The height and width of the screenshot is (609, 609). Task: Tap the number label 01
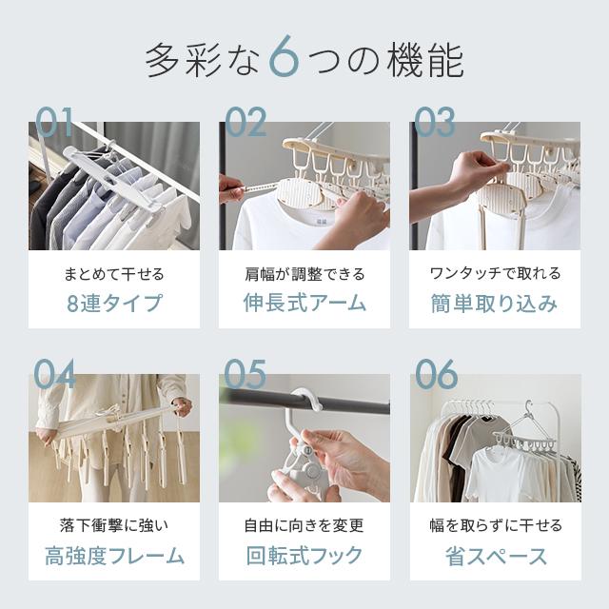pos(54,123)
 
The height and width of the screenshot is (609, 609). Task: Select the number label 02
pos(246,123)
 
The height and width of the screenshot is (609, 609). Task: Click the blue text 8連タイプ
pos(114,304)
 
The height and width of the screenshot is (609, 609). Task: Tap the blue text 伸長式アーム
pos(304,304)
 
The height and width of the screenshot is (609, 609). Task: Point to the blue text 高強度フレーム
pos(114,556)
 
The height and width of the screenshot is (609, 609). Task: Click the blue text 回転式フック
pos(304,556)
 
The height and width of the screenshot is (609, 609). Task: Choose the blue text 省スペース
pos(495,556)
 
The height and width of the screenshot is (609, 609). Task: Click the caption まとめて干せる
pos(114,274)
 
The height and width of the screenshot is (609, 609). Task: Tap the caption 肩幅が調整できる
pos(304,274)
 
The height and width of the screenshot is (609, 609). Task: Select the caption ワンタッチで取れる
pos(495,274)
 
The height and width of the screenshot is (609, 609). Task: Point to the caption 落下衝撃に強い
pos(114,525)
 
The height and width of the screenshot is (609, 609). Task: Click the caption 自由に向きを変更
pos(304,525)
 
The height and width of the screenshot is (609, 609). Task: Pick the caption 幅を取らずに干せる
pos(495,525)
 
